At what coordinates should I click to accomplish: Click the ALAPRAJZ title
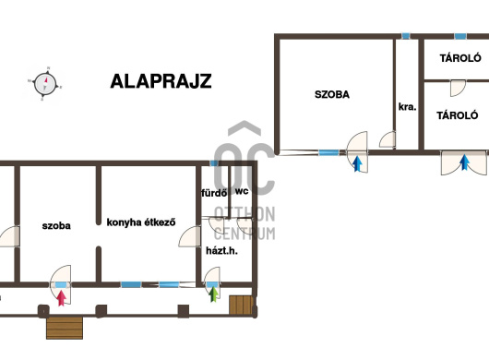161,81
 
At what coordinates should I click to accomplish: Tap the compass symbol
45,84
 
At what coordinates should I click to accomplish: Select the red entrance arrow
62,298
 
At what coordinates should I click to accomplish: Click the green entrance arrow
214,294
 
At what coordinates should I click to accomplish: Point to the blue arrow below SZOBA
357,164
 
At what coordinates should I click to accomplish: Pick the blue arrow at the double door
465,162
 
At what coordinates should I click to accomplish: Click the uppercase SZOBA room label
332,94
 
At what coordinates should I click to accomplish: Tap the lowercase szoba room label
56,225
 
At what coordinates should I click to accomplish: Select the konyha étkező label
141,222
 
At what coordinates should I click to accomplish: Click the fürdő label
214,193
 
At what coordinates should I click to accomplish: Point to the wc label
242,191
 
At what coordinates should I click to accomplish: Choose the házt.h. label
221,250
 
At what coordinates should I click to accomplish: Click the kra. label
407,107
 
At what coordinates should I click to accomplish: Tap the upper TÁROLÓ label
460,58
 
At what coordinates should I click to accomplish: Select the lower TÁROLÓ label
458,115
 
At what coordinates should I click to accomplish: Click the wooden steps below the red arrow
65,328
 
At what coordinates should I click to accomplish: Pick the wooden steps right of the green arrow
241,305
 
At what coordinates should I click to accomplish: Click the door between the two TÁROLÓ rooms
458,88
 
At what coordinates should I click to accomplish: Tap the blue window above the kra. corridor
405,36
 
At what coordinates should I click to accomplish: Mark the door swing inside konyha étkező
189,236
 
